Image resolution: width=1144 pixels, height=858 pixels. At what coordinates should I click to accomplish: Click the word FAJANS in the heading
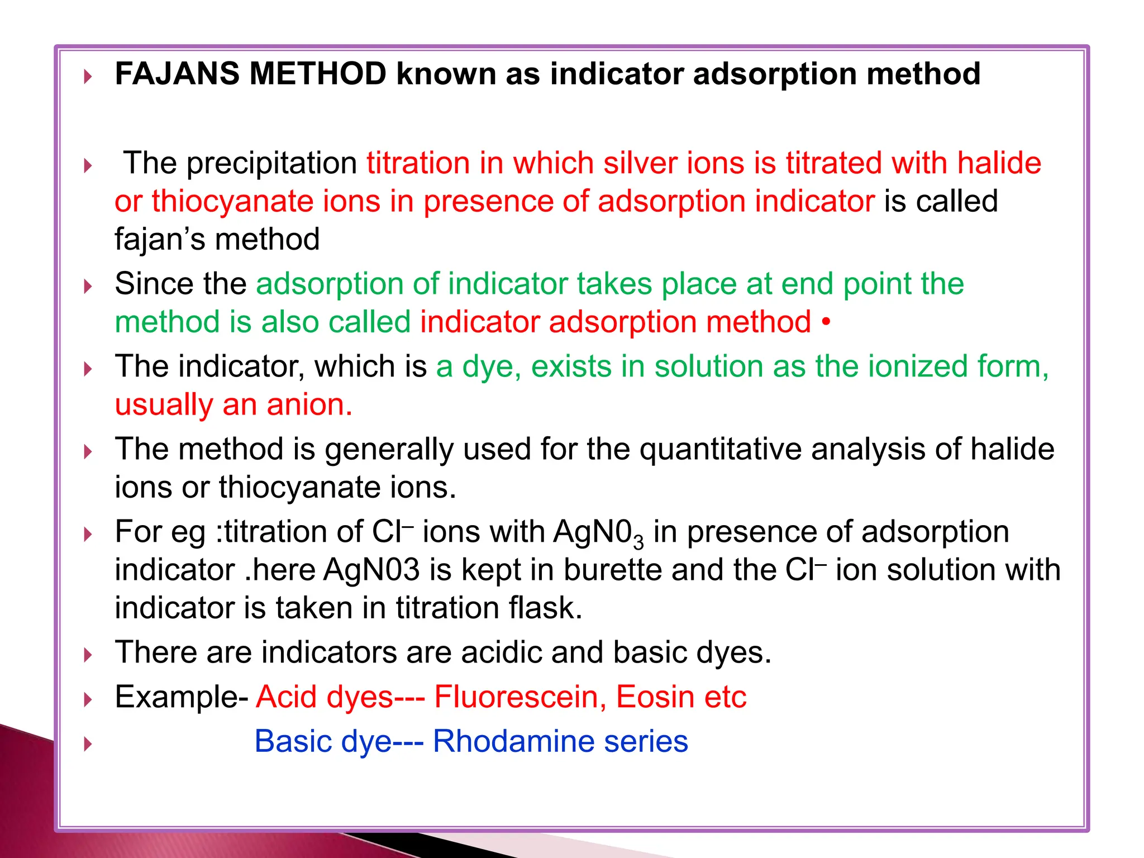point(177,74)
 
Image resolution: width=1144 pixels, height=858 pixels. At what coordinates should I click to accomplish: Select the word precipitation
point(271,164)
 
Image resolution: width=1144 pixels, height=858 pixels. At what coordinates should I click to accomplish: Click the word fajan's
point(160,240)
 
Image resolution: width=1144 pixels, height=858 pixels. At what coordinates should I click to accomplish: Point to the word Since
point(154,284)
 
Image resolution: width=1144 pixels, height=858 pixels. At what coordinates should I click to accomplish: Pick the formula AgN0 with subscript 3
point(598,532)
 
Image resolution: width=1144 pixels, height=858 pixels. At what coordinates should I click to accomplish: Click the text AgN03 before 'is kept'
point(371,570)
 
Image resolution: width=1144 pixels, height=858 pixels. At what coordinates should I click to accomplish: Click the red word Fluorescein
point(520,697)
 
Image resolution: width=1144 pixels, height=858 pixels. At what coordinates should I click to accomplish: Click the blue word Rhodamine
point(513,742)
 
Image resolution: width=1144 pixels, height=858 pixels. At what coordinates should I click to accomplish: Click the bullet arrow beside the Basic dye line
point(87,744)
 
